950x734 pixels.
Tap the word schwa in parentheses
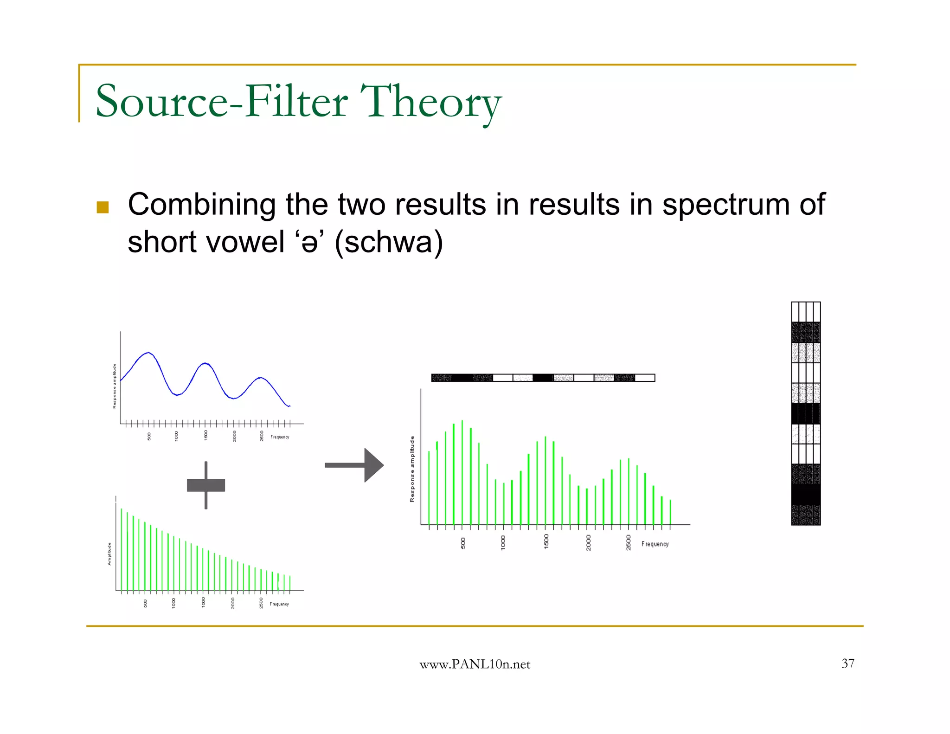tap(388, 242)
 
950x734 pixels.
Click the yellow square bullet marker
tap(103, 207)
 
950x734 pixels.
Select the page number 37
tap(847, 663)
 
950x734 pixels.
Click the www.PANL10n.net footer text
tap(475, 664)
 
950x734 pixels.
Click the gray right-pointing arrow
tap(354, 465)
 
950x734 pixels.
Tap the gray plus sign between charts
tap(206, 485)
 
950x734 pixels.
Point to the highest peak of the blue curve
tap(148, 353)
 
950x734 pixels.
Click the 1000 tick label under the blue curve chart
tap(177, 436)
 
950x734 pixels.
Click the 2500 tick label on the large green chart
tap(629, 542)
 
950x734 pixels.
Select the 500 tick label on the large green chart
tap(463, 543)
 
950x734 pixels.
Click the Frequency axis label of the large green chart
tap(655, 544)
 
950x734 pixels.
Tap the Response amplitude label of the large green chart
tap(412, 469)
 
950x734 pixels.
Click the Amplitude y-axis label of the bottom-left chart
tap(109, 554)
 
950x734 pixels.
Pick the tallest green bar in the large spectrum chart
tap(462, 472)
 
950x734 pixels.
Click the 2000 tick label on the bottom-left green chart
tap(233, 603)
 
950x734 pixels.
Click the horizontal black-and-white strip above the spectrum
tap(543, 378)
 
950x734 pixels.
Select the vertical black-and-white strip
tap(806, 413)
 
